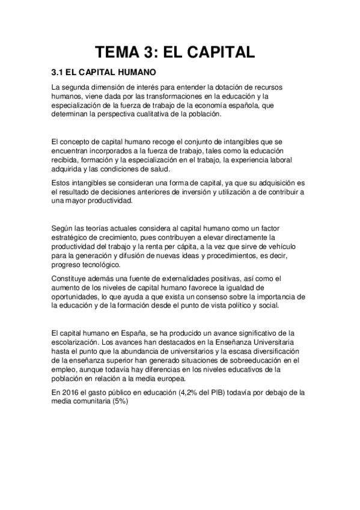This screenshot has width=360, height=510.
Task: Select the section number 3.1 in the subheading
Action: point(58,73)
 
